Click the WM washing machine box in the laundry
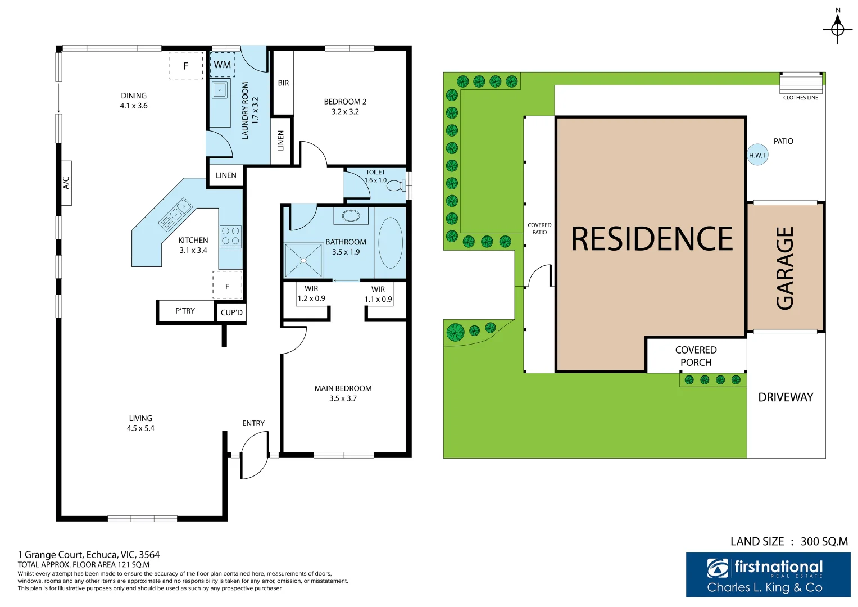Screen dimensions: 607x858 (x=223, y=65)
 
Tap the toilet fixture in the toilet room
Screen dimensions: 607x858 (x=396, y=185)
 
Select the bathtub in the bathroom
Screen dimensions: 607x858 (x=391, y=243)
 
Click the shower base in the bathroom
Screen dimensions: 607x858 (x=303, y=260)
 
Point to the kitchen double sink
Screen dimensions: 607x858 (x=176, y=214)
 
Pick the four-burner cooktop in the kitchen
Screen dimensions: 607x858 (x=230, y=236)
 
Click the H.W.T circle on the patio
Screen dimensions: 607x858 (x=757, y=155)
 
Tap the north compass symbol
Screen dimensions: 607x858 (x=837, y=28)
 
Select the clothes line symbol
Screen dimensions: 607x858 (x=801, y=83)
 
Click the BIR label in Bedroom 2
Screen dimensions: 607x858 (x=283, y=83)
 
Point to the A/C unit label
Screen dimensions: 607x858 (x=66, y=183)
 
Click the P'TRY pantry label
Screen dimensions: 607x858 (x=185, y=311)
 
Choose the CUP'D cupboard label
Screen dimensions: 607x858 (x=231, y=312)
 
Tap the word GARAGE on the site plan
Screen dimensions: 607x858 (x=785, y=268)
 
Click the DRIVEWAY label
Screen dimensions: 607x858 (x=786, y=397)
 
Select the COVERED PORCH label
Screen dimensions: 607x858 (x=696, y=356)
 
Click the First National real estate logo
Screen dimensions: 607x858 (x=768, y=574)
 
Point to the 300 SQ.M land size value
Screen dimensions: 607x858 (x=824, y=541)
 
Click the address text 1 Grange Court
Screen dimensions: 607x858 (x=89, y=555)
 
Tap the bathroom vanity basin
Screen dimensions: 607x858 (x=351, y=215)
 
